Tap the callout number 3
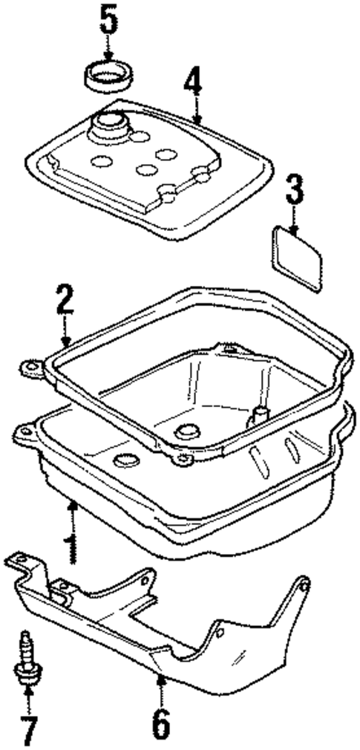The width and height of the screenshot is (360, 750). [294, 191]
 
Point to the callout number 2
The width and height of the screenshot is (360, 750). [65, 301]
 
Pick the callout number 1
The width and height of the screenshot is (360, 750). [71, 547]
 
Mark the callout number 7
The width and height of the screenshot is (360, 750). [29, 731]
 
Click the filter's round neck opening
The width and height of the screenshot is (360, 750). [110, 122]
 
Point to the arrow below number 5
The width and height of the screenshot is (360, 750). [109, 52]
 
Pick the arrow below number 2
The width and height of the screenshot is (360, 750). [65, 338]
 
